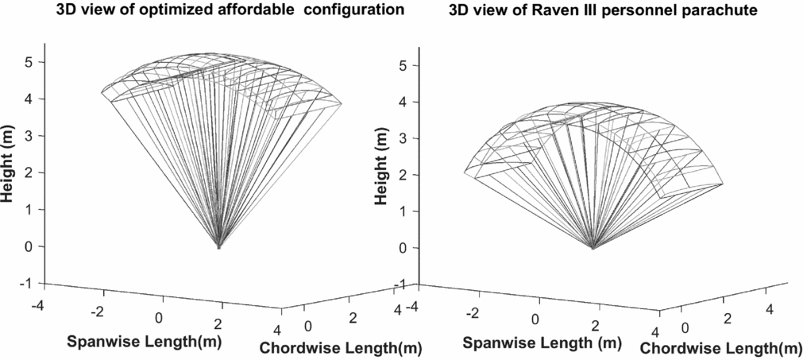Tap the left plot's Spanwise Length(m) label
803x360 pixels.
coord(144,342)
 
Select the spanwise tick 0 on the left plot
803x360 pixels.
coord(160,318)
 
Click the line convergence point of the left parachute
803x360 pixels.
coord(219,247)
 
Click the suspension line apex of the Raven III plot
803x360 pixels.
coord(593,248)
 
